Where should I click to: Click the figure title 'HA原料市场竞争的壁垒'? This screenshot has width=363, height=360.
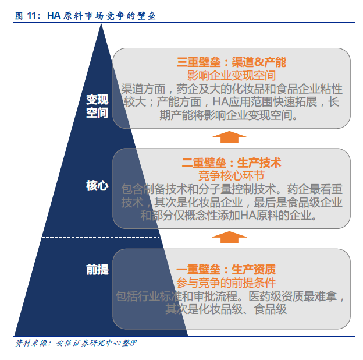[102, 16]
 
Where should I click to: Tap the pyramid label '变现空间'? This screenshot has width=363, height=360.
[97, 106]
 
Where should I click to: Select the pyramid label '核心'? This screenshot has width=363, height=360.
[97, 186]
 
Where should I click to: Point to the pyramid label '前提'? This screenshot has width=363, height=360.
[97, 270]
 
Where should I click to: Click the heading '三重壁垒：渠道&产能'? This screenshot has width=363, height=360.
[232, 62]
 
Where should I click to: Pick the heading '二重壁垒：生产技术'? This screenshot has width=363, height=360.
[232, 163]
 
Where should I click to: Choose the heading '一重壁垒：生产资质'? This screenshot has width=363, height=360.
[226, 270]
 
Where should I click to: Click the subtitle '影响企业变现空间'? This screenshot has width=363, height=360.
[232, 76]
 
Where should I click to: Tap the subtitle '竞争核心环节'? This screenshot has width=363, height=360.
[232, 176]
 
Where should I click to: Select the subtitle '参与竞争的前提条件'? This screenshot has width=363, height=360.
[226, 283]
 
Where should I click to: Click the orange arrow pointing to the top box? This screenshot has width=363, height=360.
[229, 137]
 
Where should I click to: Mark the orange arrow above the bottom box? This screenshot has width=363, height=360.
[229, 237]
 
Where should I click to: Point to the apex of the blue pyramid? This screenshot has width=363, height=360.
[101, 24]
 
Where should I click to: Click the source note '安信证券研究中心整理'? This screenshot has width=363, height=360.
[97, 343]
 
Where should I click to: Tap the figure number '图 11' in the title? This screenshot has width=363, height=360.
[26, 16]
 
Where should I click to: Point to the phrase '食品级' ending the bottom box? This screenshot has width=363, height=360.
[271, 309]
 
